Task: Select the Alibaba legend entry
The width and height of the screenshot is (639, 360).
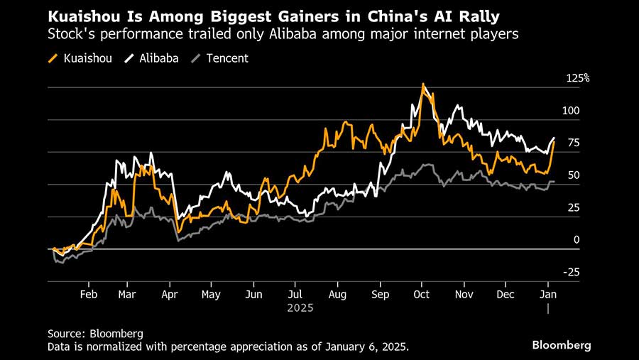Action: point(155,58)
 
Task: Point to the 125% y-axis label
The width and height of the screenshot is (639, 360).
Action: point(577,78)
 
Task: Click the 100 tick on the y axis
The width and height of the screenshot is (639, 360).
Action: point(572,111)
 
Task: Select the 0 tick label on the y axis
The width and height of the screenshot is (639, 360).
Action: point(577,240)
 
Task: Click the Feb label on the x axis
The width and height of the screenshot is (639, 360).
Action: point(88,294)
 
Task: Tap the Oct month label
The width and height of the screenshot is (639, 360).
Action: point(422,294)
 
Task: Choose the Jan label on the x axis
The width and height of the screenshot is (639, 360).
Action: point(548,294)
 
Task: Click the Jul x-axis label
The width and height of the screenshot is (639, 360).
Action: point(296,294)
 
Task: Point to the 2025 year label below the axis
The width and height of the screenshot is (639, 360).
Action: point(300,308)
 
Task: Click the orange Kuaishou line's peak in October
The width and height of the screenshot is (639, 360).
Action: point(423,84)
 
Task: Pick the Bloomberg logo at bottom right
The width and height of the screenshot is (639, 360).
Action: point(562,345)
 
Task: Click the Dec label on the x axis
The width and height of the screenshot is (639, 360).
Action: point(506,294)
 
